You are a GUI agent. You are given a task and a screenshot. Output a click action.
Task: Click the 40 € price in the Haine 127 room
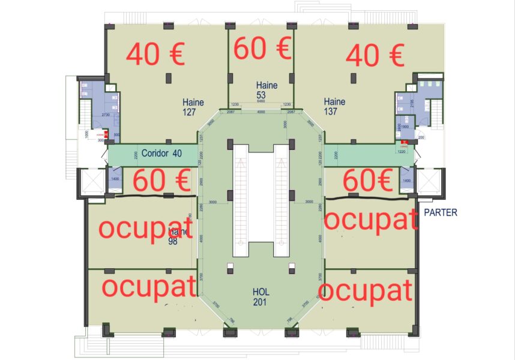(155, 55)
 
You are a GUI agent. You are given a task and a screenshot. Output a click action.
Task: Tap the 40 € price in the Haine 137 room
(375, 56)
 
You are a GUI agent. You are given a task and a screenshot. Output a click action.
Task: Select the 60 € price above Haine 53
(262, 49)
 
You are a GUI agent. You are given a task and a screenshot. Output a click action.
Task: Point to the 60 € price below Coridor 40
(161, 181)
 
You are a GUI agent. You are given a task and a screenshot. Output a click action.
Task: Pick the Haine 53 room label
(267, 90)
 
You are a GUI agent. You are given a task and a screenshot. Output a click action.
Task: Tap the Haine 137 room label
(334, 106)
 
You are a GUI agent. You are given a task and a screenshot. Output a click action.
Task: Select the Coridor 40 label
(161, 153)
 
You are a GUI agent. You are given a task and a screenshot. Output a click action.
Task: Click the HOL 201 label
(261, 296)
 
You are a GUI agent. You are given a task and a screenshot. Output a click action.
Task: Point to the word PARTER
(441, 212)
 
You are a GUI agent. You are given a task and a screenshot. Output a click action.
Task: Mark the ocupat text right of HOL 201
(366, 290)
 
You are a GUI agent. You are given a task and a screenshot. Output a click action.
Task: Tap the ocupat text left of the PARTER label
(370, 220)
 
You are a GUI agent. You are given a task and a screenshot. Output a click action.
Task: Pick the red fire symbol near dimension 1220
(404, 142)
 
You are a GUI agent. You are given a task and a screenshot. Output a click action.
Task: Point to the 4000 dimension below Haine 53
(261, 112)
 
